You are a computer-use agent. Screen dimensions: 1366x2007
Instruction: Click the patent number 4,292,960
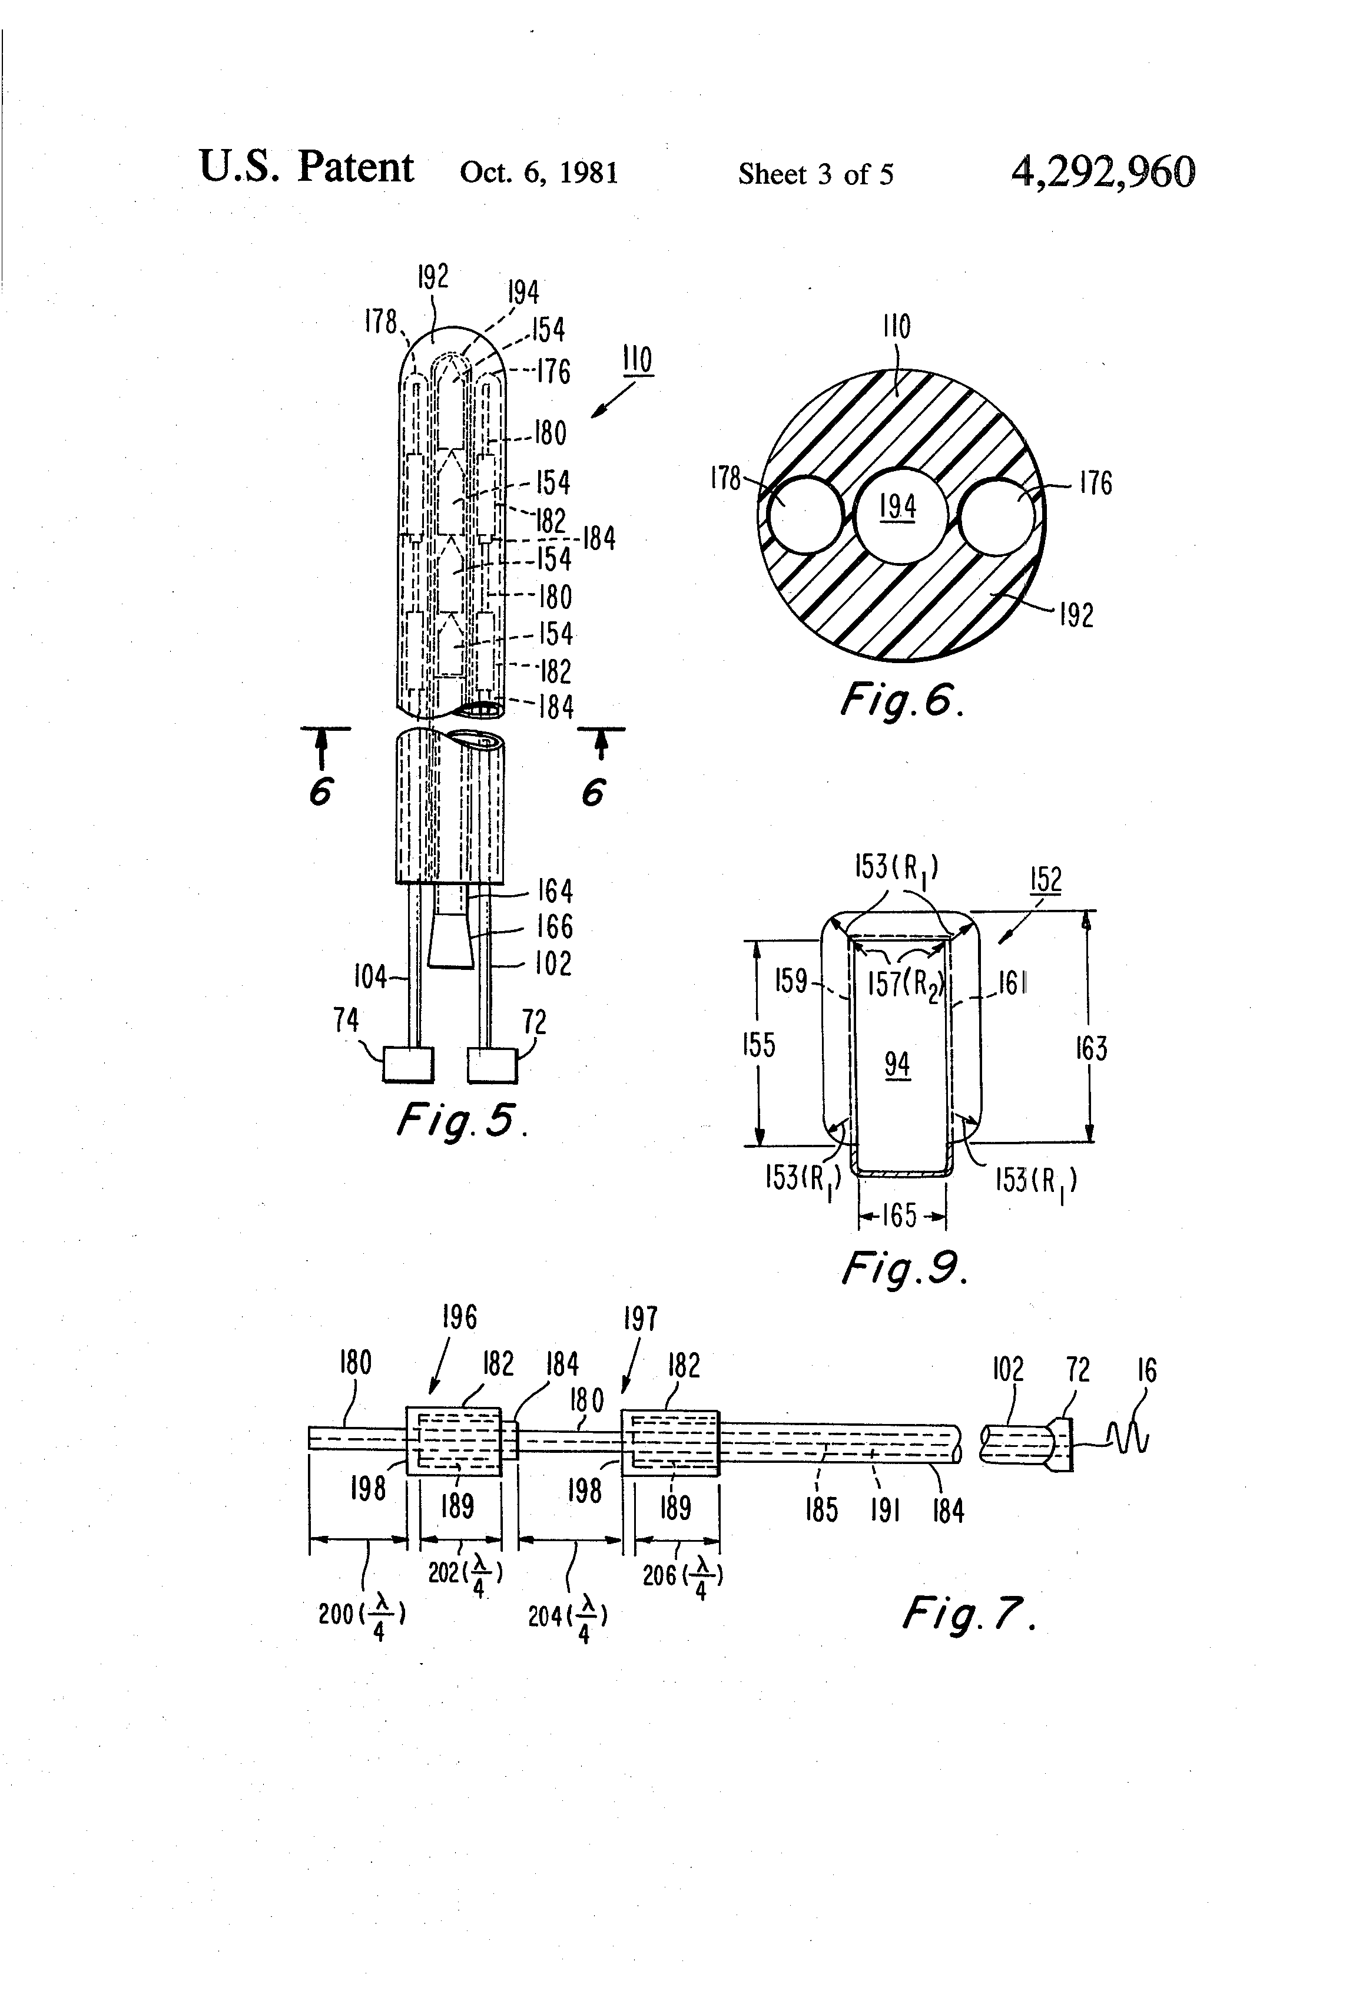[x=1103, y=173]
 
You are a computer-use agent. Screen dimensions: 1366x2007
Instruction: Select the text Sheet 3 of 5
[x=816, y=174]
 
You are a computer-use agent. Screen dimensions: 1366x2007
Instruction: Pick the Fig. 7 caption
[x=969, y=1611]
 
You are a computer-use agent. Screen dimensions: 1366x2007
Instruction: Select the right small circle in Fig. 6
[x=996, y=516]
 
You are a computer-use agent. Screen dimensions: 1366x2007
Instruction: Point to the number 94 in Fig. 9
[x=897, y=1064]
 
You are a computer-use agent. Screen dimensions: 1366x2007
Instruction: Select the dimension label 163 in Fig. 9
[x=1092, y=1048]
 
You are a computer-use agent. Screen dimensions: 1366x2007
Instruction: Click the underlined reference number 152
[x=1046, y=880]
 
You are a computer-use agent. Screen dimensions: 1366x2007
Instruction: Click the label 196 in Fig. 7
[x=459, y=1317]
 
